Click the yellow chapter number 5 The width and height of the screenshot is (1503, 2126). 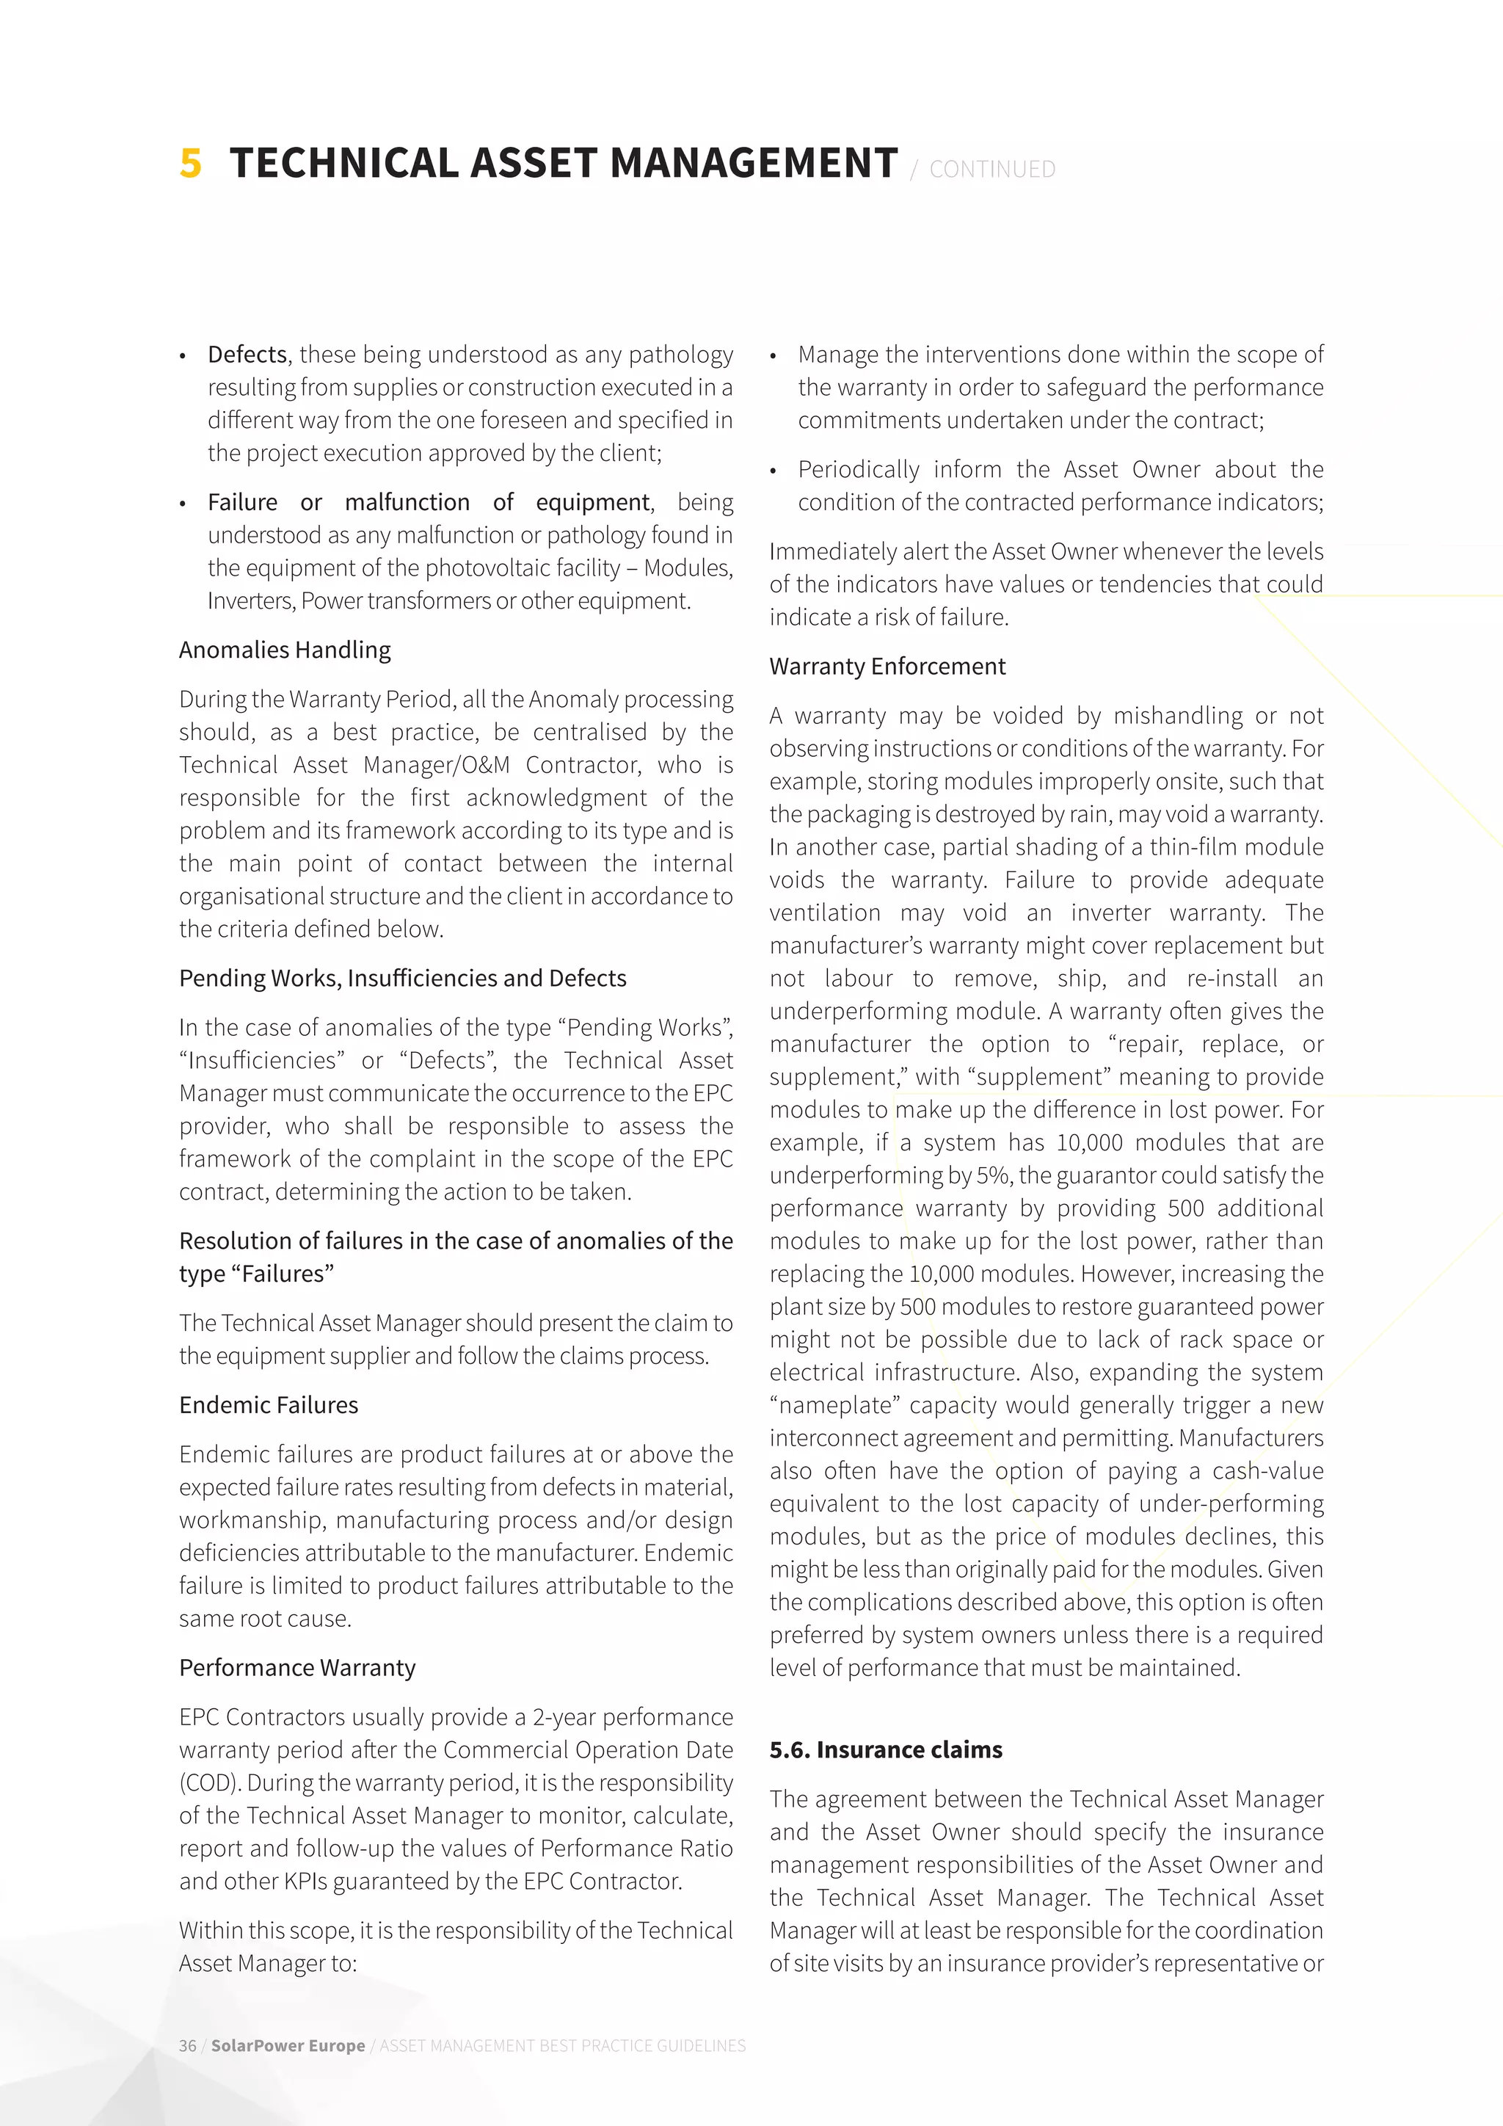191,163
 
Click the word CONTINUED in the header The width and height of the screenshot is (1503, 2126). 992,170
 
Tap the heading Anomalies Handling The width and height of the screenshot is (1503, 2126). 285,650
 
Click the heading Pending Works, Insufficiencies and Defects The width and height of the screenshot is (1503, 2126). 403,978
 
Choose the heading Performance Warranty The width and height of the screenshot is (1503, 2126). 297,1668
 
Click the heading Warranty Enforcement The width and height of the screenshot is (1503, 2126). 887,667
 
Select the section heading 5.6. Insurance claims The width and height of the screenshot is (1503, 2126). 886,1750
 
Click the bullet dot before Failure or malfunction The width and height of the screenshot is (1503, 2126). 184,504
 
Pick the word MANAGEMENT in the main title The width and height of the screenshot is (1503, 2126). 754,163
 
